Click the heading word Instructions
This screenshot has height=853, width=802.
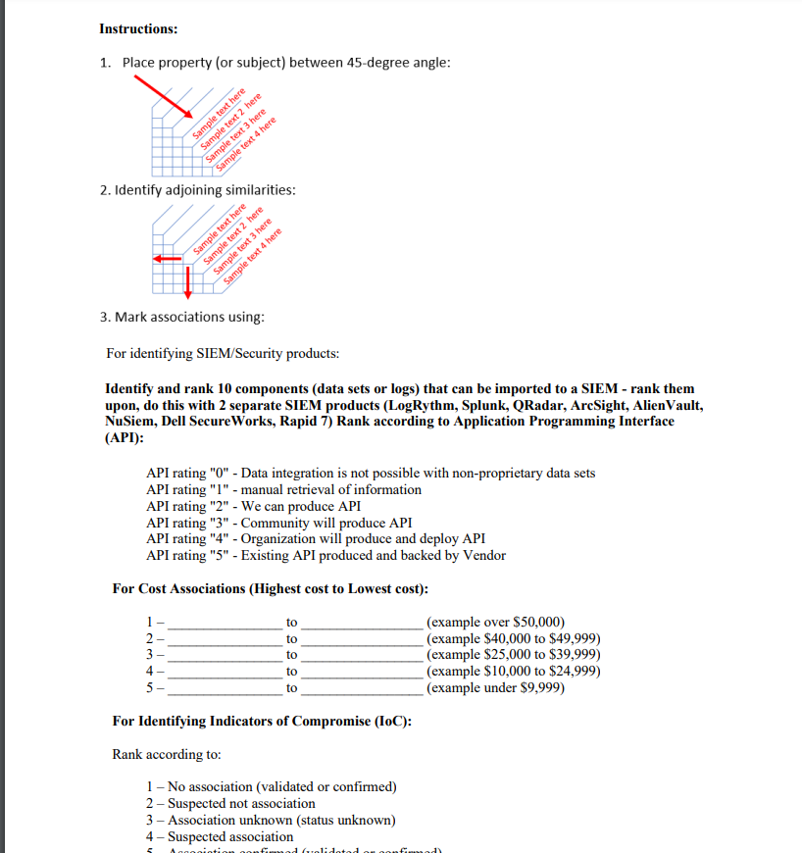point(138,28)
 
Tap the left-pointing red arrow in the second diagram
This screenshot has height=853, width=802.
point(166,259)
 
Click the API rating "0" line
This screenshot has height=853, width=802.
point(370,474)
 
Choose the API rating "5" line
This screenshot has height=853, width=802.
point(326,555)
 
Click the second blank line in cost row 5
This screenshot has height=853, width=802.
point(363,690)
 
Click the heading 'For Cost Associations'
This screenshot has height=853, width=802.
point(270,589)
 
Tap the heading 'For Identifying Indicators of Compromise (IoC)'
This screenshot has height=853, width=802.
point(262,722)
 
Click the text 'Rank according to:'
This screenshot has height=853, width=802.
point(167,755)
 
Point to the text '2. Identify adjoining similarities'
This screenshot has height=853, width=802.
point(197,189)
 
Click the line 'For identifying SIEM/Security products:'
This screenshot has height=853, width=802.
point(223,353)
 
